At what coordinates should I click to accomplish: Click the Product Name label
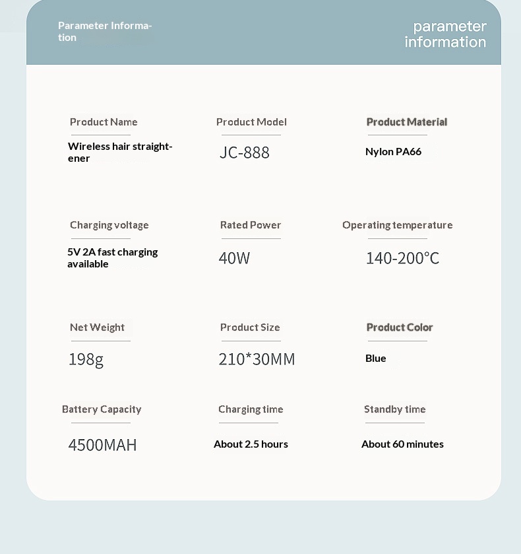(x=104, y=122)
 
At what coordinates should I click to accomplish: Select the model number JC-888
(x=245, y=153)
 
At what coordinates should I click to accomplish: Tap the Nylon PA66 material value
(x=393, y=152)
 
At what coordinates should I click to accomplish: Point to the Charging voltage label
(x=109, y=225)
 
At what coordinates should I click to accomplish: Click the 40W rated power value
(x=234, y=258)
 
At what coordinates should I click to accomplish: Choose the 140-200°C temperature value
(x=402, y=258)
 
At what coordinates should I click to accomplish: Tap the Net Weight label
(x=97, y=328)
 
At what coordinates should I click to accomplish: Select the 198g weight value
(x=86, y=359)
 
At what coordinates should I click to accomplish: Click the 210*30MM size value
(x=257, y=359)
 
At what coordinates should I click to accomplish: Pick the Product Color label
(x=400, y=328)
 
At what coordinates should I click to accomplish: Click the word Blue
(x=376, y=359)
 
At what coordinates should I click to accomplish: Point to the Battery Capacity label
(x=102, y=409)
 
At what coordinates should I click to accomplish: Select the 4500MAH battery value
(x=102, y=445)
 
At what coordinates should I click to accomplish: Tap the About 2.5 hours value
(x=251, y=444)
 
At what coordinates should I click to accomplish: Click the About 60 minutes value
(x=402, y=444)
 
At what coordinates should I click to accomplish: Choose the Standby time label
(x=395, y=409)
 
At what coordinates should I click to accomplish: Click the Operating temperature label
(x=398, y=225)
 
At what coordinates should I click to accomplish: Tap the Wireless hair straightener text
(x=119, y=152)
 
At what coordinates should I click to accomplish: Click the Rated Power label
(x=251, y=225)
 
